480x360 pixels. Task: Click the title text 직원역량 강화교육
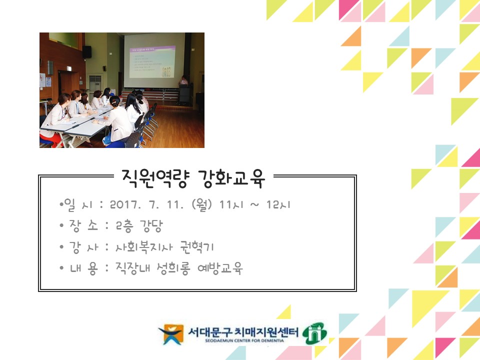click(192, 177)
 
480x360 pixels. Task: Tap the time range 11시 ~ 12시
click(256, 205)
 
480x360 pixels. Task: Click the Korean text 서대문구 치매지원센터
click(243, 331)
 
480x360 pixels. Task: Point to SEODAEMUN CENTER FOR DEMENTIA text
click(243, 340)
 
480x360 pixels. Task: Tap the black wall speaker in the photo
click(87, 51)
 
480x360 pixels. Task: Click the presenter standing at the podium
click(184, 81)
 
